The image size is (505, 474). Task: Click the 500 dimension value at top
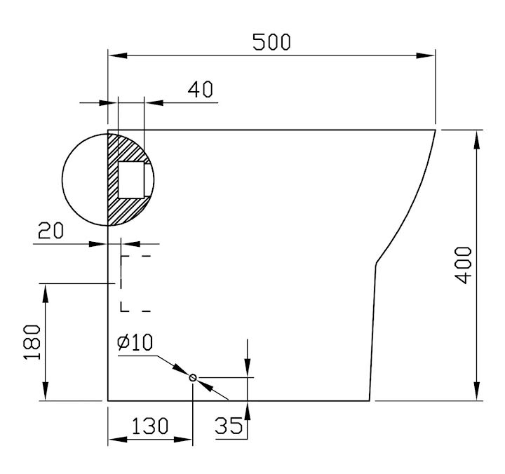(271, 42)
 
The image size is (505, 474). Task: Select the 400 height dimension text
(463, 265)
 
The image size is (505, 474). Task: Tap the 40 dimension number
(201, 89)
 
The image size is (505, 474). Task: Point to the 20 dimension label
(50, 230)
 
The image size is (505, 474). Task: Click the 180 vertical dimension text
(32, 342)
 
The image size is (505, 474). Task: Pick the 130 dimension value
(150, 426)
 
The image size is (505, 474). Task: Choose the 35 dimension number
(229, 426)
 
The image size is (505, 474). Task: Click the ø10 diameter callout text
(135, 342)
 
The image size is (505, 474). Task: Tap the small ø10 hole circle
(193, 377)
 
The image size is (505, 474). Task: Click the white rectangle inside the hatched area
(131, 180)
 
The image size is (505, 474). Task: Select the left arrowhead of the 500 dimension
(118, 55)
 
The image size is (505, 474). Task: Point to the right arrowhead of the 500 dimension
(426, 55)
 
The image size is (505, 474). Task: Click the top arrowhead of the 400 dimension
(477, 140)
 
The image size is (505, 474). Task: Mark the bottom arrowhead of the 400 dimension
(477, 391)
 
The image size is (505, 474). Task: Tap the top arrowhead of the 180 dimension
(46, 293)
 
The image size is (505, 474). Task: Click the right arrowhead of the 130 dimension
(183, 439)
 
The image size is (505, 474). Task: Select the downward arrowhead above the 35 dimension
(248, 367)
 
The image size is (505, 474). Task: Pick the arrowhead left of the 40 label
(154, 102)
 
